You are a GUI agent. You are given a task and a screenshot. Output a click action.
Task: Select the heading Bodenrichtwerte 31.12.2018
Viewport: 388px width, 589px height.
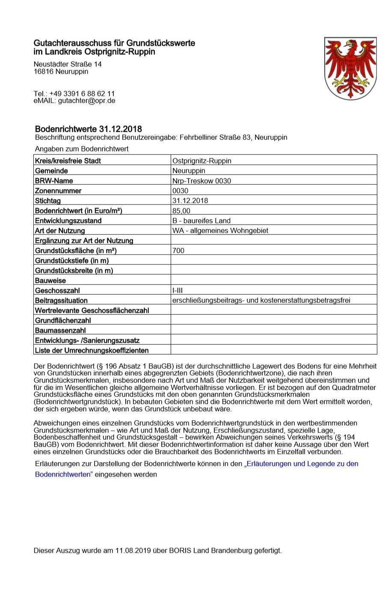(88, 129)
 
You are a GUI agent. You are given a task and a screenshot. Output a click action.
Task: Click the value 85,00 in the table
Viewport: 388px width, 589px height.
(181, 211)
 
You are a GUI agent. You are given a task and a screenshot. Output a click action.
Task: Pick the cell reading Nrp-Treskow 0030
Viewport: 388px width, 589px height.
(201, 181)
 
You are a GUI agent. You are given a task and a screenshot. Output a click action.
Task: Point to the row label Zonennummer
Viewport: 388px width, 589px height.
(58, 191)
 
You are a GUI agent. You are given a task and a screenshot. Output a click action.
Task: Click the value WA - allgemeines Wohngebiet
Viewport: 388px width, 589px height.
(220, 231)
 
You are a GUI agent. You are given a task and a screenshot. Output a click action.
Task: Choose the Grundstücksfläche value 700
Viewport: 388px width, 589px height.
(178, 251)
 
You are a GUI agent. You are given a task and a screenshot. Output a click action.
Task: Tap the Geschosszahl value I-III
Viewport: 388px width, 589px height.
(178, 290)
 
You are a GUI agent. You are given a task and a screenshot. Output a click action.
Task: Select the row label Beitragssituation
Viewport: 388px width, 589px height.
(61, 300)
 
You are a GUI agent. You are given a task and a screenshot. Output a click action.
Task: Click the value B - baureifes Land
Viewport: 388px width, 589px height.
(201, 221)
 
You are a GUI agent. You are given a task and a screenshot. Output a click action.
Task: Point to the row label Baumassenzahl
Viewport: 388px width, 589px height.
(60, 331)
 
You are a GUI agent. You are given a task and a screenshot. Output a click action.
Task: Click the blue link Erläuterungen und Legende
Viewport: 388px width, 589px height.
(301, 464)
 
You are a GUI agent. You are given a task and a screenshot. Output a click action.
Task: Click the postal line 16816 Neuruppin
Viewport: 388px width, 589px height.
(61, 71)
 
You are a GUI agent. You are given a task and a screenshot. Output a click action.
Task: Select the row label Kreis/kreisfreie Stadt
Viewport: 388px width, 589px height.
(68, 161)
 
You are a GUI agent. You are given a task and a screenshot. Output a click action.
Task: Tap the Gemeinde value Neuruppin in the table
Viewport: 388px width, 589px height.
(189, 171)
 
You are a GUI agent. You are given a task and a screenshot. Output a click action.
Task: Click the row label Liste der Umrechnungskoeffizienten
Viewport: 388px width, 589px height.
(92, 350)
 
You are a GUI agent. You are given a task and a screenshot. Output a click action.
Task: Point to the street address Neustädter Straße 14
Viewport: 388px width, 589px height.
(68, 64)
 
